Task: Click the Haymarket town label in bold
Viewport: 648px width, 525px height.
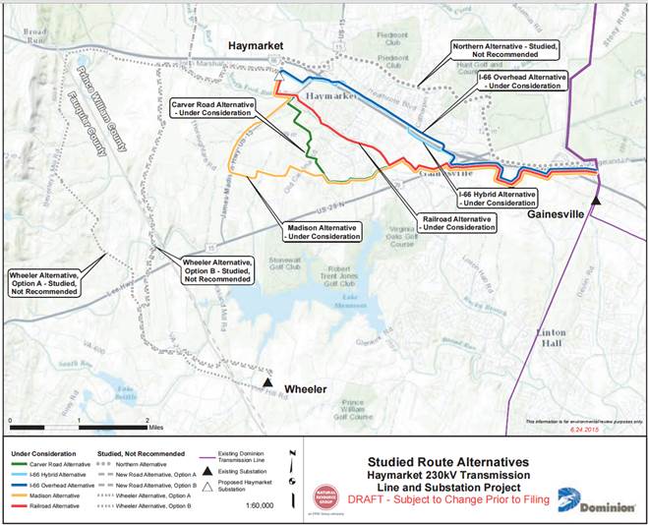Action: (x=255, y=46)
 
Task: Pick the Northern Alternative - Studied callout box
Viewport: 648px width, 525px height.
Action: (x=503, y=51)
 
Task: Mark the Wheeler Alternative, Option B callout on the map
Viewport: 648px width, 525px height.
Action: (x=217, y=268)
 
